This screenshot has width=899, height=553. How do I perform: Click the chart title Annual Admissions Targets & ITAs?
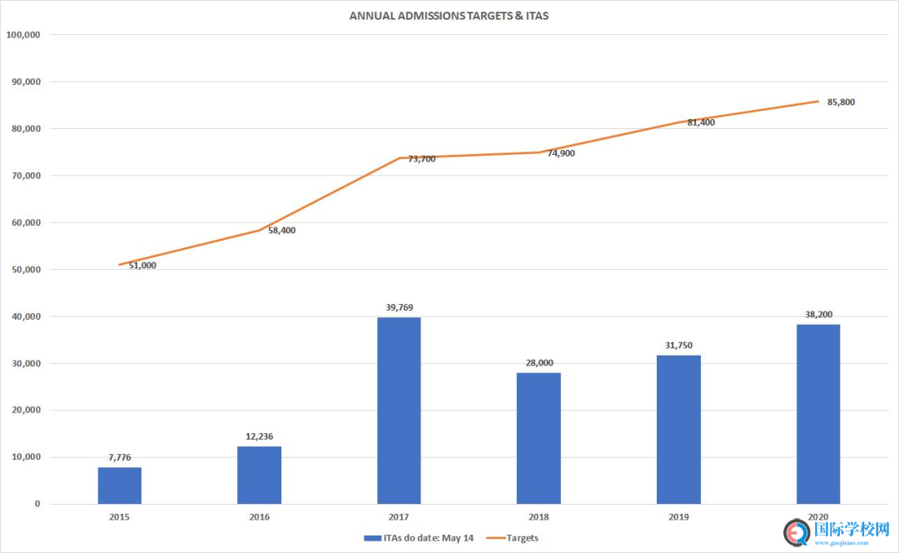click(x=449, y=16)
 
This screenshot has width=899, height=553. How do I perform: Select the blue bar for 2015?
click(x=120, y=486)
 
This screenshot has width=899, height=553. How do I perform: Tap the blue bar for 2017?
click(x=399, y=411)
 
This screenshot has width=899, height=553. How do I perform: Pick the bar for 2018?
click(x=539, y=438)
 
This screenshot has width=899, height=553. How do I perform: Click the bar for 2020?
click(x=817, y=414)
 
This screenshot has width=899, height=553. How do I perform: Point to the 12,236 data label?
click(x=259, y=436)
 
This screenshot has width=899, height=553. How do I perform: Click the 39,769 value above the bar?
click(x=399, y=307)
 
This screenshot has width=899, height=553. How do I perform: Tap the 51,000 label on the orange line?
click(x=142, y=266)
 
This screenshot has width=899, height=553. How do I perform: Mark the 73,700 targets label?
click(x=421, y=159)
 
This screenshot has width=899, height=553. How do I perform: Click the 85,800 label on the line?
click(x=841, y=102)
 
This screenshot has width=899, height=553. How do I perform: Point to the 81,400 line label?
click(x=701, y=122)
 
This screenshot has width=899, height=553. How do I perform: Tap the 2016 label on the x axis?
click(x=259, y=517)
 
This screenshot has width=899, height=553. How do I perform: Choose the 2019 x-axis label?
click(x=678, y=517)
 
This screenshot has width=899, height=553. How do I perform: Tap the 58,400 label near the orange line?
click(x=281, y=230)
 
